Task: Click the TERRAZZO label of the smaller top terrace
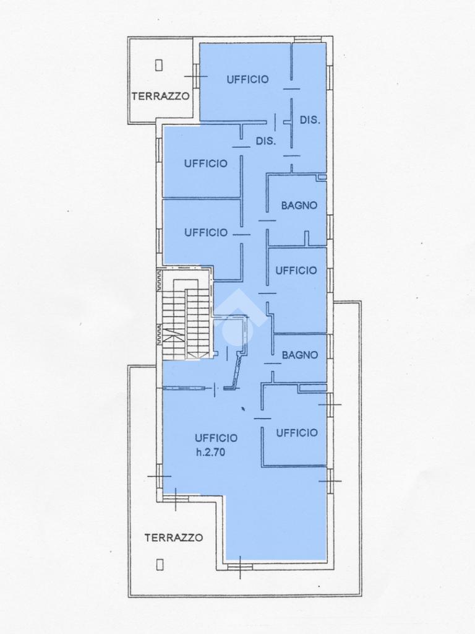(x=161, y=96)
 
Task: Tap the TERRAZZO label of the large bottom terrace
(x=174, y=538)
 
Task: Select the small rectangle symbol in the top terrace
(x=159, y=64)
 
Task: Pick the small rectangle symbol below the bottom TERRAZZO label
(x=160, y=565)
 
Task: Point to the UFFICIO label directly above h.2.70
(x=216, y=438)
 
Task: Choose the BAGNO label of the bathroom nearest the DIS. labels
(x=299, y=206)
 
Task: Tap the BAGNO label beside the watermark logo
(x=300, y=355)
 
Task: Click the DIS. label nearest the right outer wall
(x=310, y=120)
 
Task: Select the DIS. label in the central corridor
(x=266, y=142)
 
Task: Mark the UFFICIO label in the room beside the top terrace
(x=247, y=79)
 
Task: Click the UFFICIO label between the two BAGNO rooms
(x=296, y=271)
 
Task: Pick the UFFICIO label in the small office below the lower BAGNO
(x=297, y=433)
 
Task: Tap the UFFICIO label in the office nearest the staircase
(x=206, y=233)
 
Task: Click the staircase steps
(x=186, y=319)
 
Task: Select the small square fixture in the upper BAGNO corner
(x=322, y=177)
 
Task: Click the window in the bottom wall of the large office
(x=239, y=567)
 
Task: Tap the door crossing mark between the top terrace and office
(x=196, y=76)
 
